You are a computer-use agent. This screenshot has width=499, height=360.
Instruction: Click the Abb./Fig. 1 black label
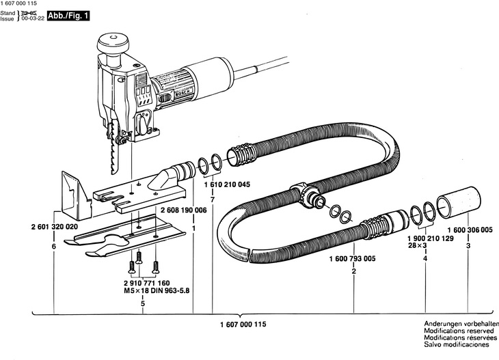(x=68, y=16)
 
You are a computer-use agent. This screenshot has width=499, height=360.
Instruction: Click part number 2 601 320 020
(x=55, y=227)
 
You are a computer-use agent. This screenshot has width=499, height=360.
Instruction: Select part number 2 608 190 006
(x=184, y=210)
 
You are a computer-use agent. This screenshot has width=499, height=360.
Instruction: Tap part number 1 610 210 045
(x=227, y=184)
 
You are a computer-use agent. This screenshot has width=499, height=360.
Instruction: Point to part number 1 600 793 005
(x=352, y=258)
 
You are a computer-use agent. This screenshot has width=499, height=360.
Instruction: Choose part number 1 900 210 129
(x=431, y=238)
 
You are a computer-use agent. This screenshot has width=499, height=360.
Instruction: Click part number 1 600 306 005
(x=470, y=230)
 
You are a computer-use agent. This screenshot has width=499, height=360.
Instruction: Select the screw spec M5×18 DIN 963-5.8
(x=157, y=290)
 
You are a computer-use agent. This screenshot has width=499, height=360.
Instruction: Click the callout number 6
(x=53, y=247)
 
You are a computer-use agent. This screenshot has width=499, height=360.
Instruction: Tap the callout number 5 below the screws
(x=143, y=304)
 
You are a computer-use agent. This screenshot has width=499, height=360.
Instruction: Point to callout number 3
(x=468, y=246)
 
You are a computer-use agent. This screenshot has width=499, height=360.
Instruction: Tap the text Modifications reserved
(x=459, y=331)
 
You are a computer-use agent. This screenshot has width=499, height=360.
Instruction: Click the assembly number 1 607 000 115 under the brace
(x=243, y=324)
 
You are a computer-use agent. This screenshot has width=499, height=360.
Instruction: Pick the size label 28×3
(x=417, y=245)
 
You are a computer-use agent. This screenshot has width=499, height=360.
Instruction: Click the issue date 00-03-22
(x=33, y=19)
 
